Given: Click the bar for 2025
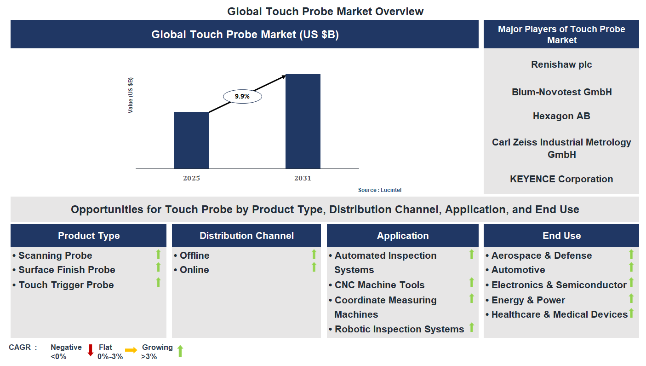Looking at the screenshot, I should coord(191,140).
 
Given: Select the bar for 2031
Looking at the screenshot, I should coord(303,121).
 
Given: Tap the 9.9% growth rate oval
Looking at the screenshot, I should coord(242,96).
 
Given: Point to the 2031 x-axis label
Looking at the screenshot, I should coord(303,178).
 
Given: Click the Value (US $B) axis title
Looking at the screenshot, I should coord(131,95).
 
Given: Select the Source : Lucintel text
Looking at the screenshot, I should coord(376,190).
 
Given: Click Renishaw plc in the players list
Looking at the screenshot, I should coord(561,64).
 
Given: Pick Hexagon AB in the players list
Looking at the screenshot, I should coord(561,116).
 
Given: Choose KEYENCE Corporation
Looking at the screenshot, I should coord(561,179).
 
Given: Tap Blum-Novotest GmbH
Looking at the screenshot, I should coord(561,92).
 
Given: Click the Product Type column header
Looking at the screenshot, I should coord(89,236).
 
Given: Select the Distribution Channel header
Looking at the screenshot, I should coord(246,236).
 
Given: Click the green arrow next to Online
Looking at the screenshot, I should coord(314,267).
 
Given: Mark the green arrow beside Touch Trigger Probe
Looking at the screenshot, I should coord(158,282).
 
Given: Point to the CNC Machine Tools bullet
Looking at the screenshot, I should coord(379,285).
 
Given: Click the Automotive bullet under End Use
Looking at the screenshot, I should coord(518,270).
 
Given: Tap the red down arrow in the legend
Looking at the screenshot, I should coord(91,350).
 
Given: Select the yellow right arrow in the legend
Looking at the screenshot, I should coord(131,350).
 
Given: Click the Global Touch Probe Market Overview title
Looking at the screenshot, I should coord(325,11).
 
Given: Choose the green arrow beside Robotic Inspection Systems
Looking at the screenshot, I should coord(471,327).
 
